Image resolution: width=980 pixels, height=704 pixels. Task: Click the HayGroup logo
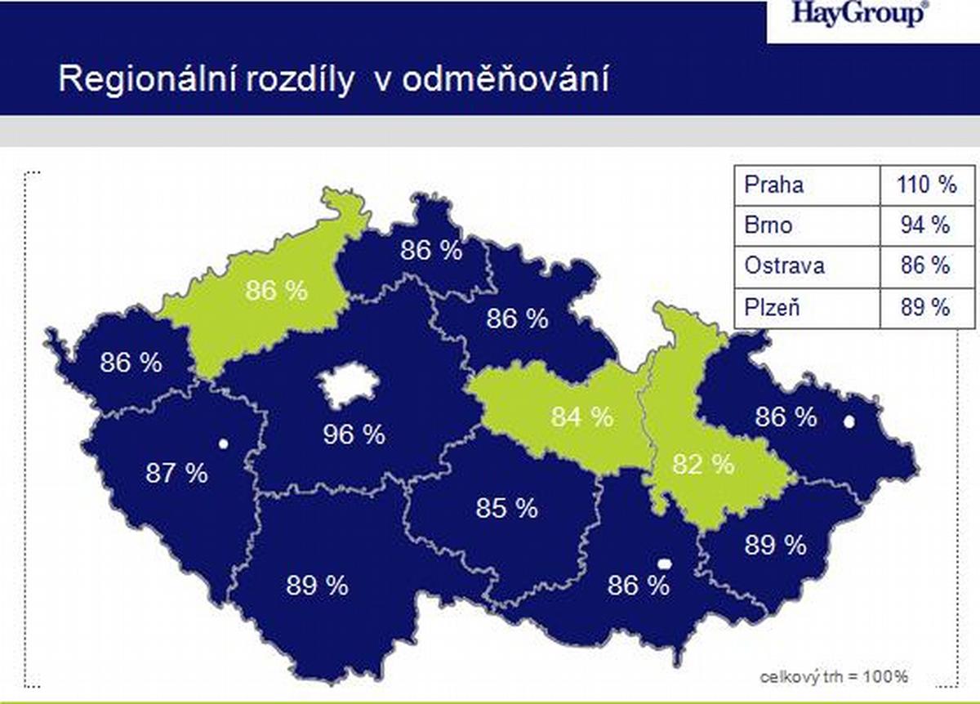click(858, 15)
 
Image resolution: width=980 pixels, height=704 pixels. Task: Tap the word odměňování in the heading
click(506, 80)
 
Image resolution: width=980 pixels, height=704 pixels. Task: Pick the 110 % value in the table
click(927, 185)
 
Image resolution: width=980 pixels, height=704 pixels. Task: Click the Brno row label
click(768, 225)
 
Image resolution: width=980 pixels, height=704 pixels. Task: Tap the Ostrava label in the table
click(785, 265)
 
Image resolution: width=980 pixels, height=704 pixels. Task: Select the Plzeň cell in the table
click(773, 306)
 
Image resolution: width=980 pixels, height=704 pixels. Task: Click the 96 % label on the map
click(354, 434)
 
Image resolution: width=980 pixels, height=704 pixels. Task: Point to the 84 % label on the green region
click(581, 417)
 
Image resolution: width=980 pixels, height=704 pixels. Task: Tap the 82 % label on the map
click(703, 464)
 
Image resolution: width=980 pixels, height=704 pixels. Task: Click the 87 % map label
click(176, 473)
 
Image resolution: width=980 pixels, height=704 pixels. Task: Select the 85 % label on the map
click(506, 508)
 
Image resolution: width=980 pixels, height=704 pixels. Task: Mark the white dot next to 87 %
click(223, 444)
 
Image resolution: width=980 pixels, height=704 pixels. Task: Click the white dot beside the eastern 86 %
click(849, 421)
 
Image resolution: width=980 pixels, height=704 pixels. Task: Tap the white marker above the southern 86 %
click(665, 564)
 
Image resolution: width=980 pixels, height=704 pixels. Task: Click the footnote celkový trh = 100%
click(834, 677)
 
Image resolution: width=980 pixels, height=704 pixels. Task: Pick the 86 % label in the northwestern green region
click(277, 290)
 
